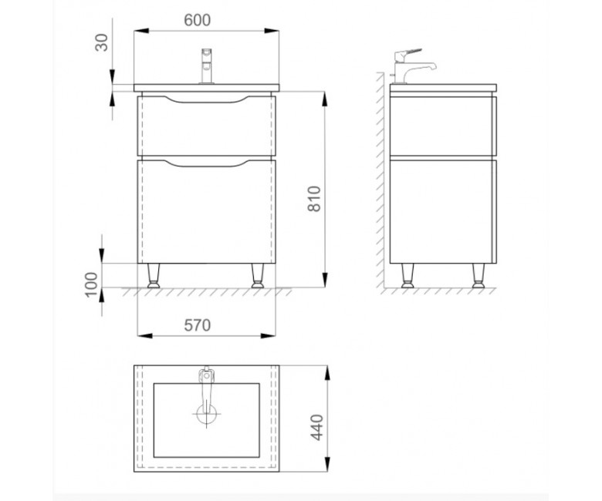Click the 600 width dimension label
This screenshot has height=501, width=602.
pyautogui.click(x=198, y=20)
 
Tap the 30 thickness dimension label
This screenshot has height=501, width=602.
pyautogui.click(x=102, y=42)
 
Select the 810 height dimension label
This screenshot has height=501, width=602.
pyautogui.click(x=314, y=199)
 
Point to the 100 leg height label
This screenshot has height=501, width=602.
pyautogui.click(x=91, y=284)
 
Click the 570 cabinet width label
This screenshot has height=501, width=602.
pyautogui.click(x=198, y=325)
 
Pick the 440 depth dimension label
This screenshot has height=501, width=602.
pyautogui.click(x=316, y=427)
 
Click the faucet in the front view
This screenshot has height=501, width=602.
pyautogui.click(x=207, y=66)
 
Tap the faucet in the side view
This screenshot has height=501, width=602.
pyautogui.click(x=413, y=66)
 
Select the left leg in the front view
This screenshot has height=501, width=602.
pyautogui.click(x=154, y=276)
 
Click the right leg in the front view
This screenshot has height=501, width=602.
pyautogui.click(x=258, y=276)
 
